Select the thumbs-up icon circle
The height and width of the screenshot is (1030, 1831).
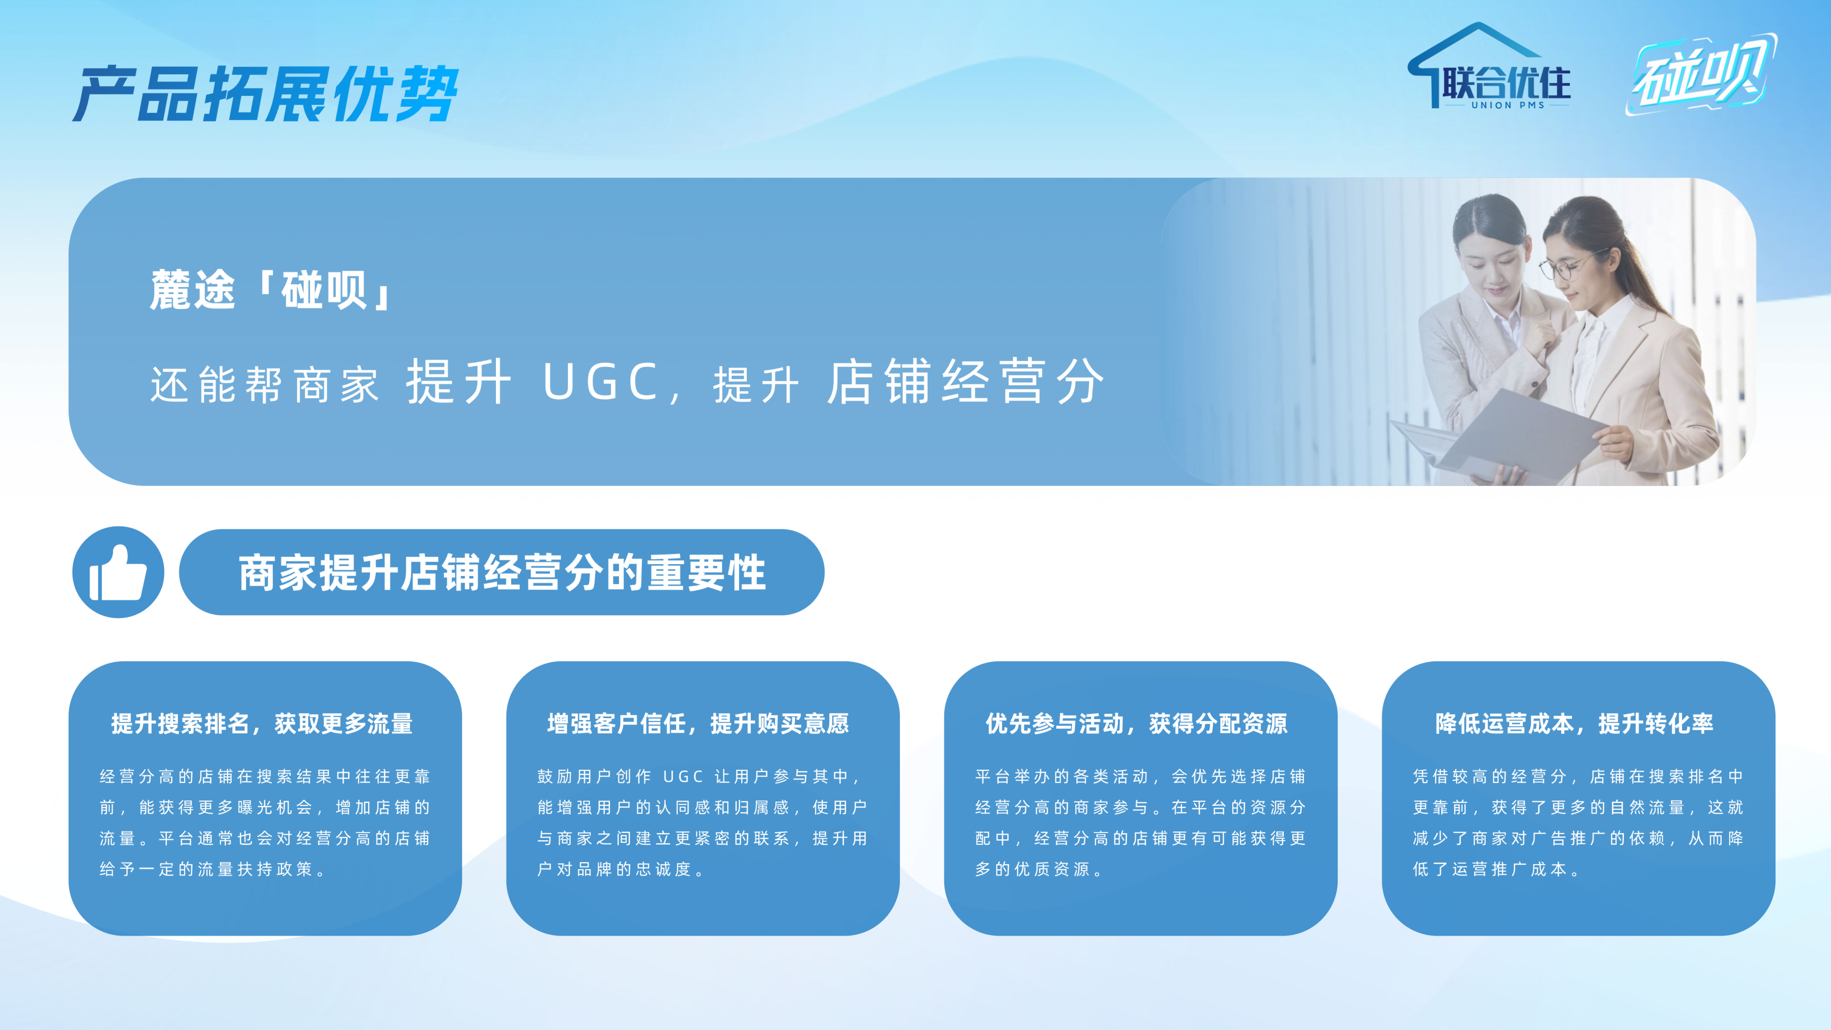pyautogui.click(x=118, y=572)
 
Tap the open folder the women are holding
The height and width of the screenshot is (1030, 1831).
pyautogui.click(x=1500, y=434)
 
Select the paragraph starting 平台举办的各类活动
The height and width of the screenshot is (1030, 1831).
pyautogui.click(x=1140, y=822)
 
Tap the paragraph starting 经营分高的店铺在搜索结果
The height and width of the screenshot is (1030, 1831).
pyautogui.click(x=264, y=822)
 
